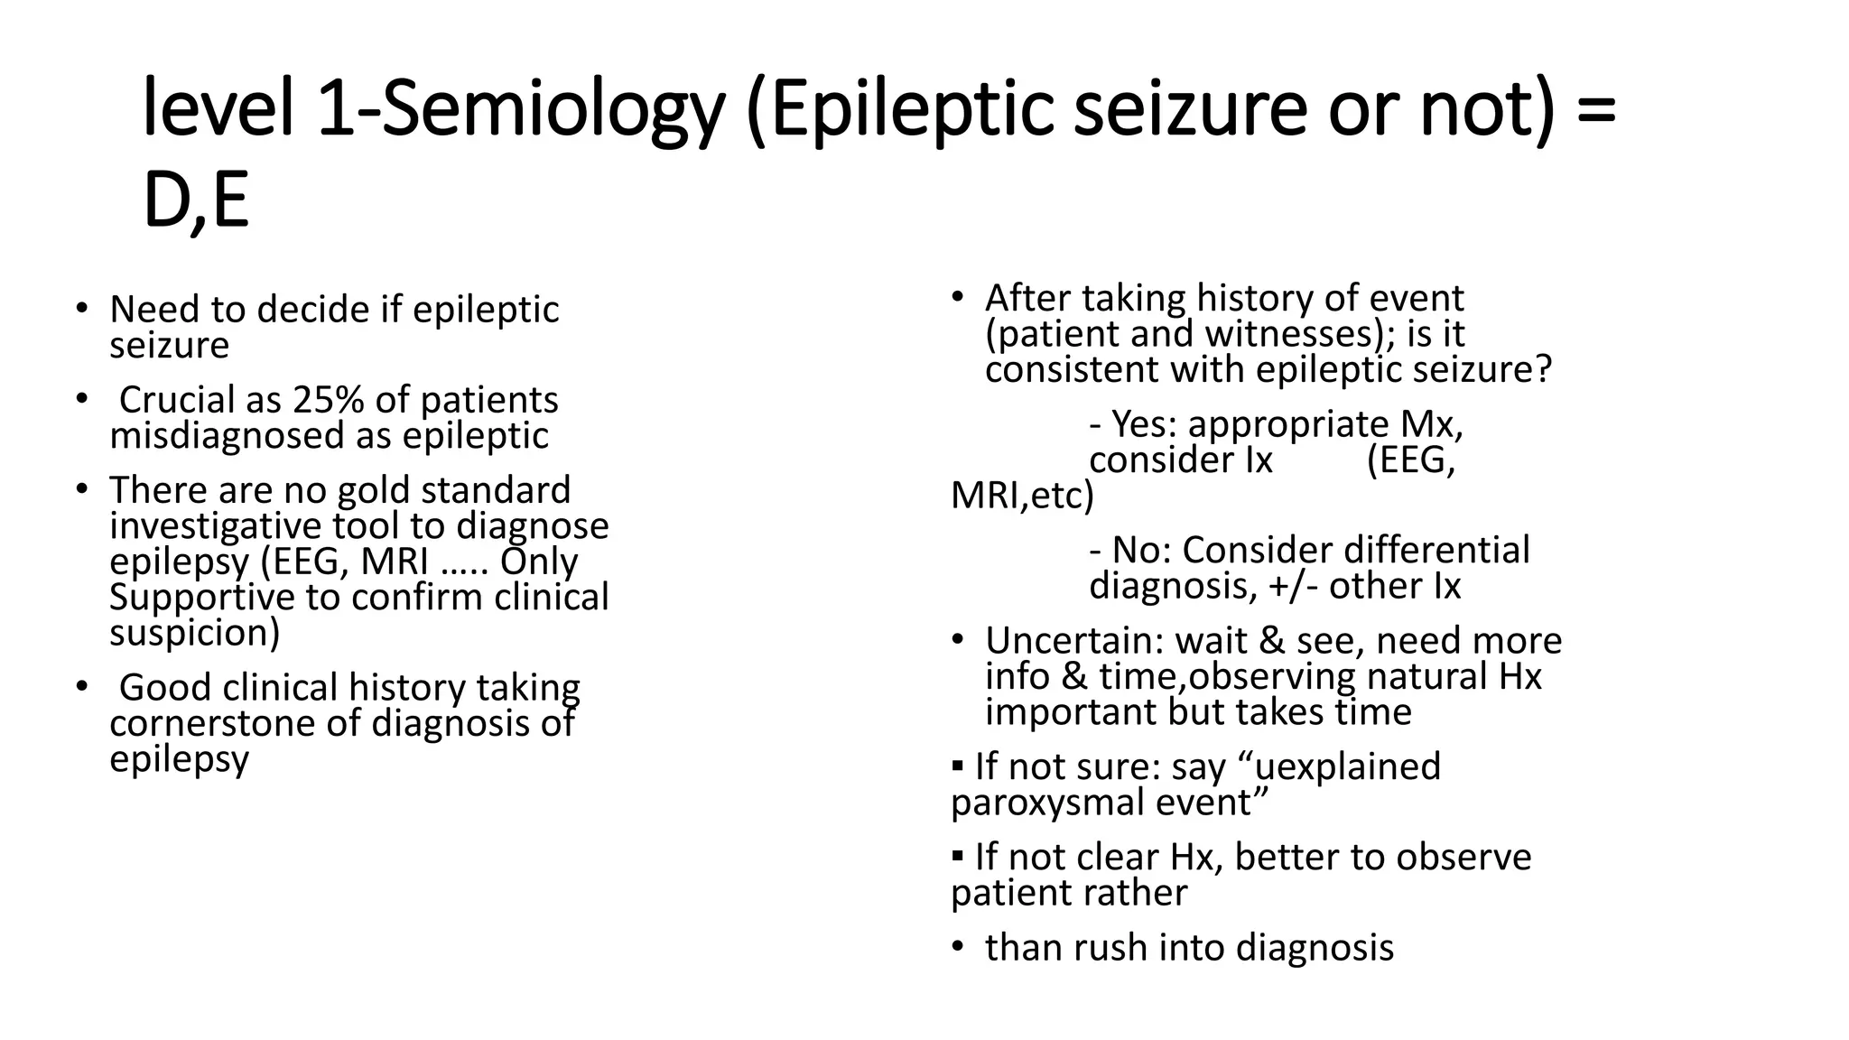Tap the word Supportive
[226, 598]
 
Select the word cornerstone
[235, 723]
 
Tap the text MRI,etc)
[1022, 496]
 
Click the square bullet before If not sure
[958, 766]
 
